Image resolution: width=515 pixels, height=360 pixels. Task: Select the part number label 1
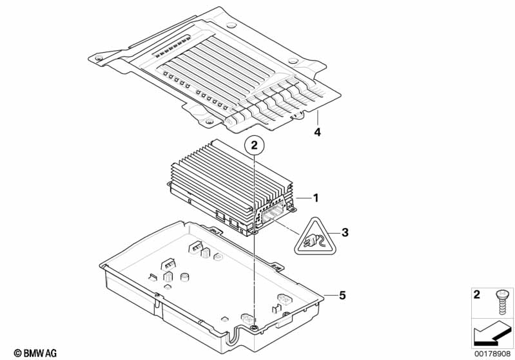point(316,197)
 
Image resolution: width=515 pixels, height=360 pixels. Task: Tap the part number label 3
point(345,232)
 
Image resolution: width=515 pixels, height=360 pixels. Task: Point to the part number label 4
point(316,133)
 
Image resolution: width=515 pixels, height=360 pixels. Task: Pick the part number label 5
point(342,295)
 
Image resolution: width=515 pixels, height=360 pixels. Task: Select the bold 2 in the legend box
point(477,296)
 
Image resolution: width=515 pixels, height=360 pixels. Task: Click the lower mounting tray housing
point(213,283)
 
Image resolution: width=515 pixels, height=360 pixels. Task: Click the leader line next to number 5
point(329,295)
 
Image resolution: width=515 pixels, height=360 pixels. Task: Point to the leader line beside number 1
point(303,197)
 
